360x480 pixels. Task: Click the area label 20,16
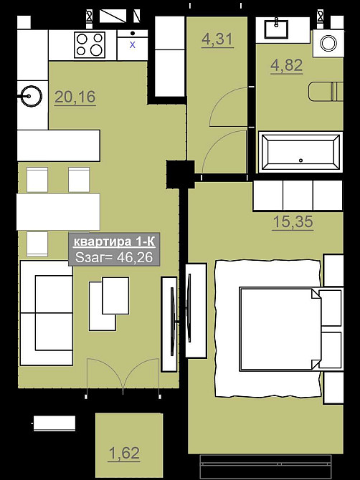click(x=75, y=97)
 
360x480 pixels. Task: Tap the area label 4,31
click(x=217, y=39)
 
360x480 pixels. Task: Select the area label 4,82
click(x=286, y=65)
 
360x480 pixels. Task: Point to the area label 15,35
click(x=293, y=222)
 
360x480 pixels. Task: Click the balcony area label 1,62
click(x=124, y=453)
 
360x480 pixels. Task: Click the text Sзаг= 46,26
click(x=114, y=257)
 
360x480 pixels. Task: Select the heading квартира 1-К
click(x=114, y=242)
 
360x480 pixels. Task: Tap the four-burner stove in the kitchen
click(x=90, y=45)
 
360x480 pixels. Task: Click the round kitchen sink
click(x=32, y=96)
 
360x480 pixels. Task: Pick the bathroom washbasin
click(x=276, y=29)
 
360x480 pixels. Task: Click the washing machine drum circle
click(x=328, y=43)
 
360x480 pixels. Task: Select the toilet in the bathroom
click(x=326, y=91)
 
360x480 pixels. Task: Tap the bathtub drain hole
click(x=301, y=160)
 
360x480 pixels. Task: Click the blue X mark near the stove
click(x=133, y=44)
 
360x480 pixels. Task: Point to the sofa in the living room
click(x=47, y=313)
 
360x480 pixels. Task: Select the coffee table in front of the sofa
click(x=109, y=304)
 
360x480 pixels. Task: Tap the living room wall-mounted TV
click(x=173, y=321)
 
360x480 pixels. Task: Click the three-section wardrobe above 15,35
click(x=298, y=196)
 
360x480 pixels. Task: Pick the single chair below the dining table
click(x=37, y=244)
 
